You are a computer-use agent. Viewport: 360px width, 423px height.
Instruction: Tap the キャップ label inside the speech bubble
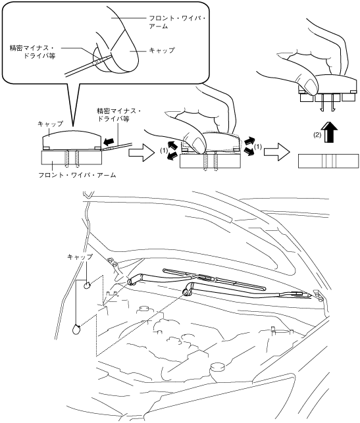tap(162, 51)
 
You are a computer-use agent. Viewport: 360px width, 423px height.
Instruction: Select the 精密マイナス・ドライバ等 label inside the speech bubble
tap(32, 52)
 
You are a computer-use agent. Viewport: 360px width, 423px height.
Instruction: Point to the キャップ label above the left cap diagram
tap(51, 124)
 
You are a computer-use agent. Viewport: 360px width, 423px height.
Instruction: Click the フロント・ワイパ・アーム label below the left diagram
tap(77, 175)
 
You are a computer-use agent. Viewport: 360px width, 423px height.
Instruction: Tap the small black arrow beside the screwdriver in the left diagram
tap(109, 141)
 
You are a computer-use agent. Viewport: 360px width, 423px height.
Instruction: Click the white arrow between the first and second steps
tap(141, 153)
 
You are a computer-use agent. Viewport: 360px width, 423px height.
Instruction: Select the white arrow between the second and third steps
tap(276, 152)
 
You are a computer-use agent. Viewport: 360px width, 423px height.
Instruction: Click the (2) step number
tap(317, 135)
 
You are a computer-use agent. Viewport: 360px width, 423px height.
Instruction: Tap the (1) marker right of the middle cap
tap(258, 147)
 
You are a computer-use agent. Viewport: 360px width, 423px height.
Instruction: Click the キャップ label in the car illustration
tap(80, 257)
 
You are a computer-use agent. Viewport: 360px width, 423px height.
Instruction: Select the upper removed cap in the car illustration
tap(87, 285)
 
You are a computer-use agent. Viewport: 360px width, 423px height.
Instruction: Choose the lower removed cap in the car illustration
tap(76, 330)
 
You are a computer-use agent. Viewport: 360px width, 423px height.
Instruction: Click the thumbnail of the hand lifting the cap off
tap(309, 85)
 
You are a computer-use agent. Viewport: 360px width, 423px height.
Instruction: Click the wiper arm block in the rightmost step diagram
tap(328, 161)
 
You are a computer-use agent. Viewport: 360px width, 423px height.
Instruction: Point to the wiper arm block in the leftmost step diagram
tap(72, 157)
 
